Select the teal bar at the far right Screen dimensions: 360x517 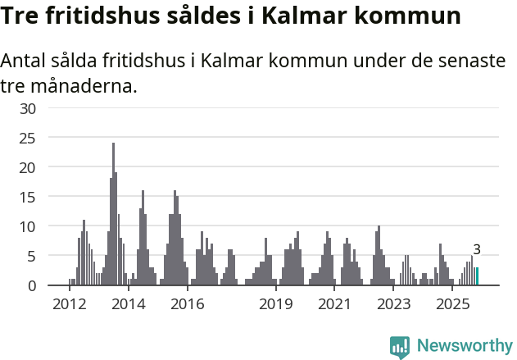477,276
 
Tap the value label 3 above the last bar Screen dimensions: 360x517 477,250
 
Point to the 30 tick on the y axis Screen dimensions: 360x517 28,108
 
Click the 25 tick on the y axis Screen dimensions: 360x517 28,138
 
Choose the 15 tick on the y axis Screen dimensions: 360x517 28,197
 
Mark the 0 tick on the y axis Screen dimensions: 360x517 32,285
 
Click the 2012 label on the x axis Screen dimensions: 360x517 70,304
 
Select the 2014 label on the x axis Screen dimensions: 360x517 129,304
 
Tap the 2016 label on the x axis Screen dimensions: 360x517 188,304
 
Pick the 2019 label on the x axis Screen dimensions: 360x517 276,304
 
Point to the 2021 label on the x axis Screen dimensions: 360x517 334,304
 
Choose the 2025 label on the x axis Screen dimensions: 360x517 452,304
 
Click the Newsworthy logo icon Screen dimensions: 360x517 400,347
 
